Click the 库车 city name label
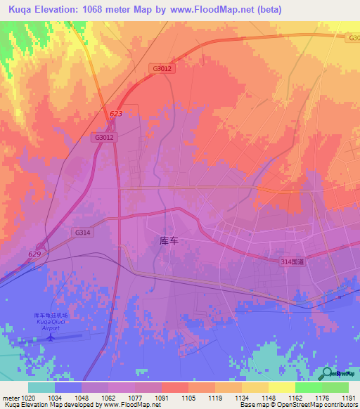(169, 240)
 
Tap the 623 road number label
(116, 114)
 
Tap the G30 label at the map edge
(352, 39)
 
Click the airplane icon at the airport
(51, 337)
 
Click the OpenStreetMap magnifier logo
(326, 374)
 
